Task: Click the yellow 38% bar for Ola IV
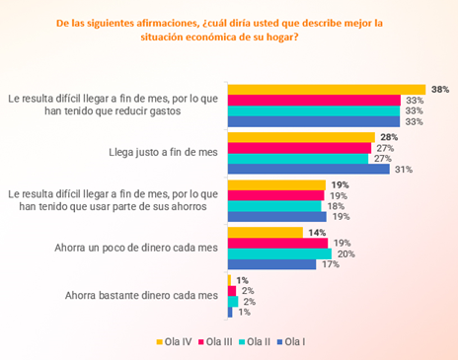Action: pyautogui.click(x=326, y=89)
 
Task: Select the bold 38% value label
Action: pyautogui.click(x=440, y=89)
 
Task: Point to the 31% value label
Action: pyautogui.click(x=403, y=170)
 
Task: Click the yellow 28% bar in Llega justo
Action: pyautogui.click(x=301, y=137)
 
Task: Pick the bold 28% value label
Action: pyautogui.click(x=389, y=137)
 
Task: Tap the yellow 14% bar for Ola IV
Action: pyautogui.click(x=265, y=233)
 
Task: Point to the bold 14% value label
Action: pyautogui.click(x=317, y=233)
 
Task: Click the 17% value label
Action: pyautogui.click(x=330, y=264)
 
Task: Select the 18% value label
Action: pyautogui.click(x=337, y=206)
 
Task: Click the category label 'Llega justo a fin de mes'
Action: pyautogui.click(x=162, y=153)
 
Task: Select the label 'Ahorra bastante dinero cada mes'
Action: pyautogui.click(x=140, y=295)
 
